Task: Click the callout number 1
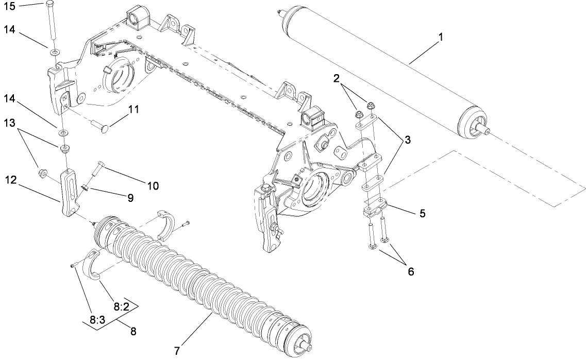(441, 37)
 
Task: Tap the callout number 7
(177, 351)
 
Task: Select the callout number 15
(10, 6)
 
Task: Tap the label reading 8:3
(96, 320)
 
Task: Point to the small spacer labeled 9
(87, 187)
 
